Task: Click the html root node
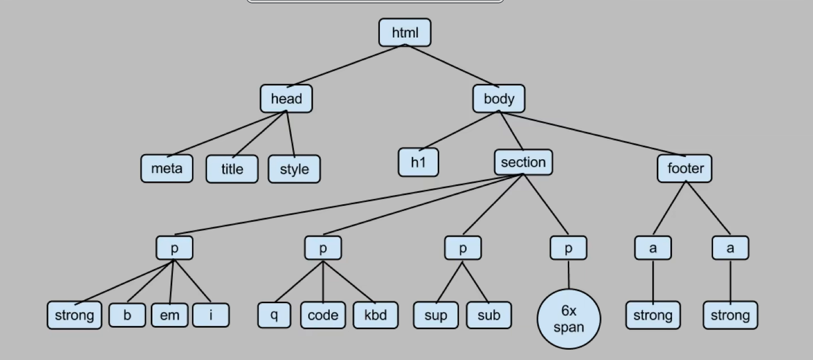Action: point(405,32)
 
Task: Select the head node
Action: point(286,98)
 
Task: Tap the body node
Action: point(499,98)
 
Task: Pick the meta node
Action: point(167,168)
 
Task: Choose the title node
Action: point(232,169)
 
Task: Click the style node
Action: point(294,169)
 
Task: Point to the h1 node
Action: point(418,162)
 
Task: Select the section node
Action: point(523,162)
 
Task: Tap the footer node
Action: point(685,168)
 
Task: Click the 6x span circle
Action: point(569,318)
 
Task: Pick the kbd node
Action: point(375,315)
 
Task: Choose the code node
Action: point(323,315)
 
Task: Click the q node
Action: point(274,315)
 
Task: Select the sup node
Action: point(436,315)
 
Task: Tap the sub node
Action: point(489,315)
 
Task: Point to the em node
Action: point(169,315)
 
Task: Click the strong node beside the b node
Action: point(74,315)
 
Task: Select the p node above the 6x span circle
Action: point(569,248)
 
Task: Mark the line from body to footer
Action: point(591,134)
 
